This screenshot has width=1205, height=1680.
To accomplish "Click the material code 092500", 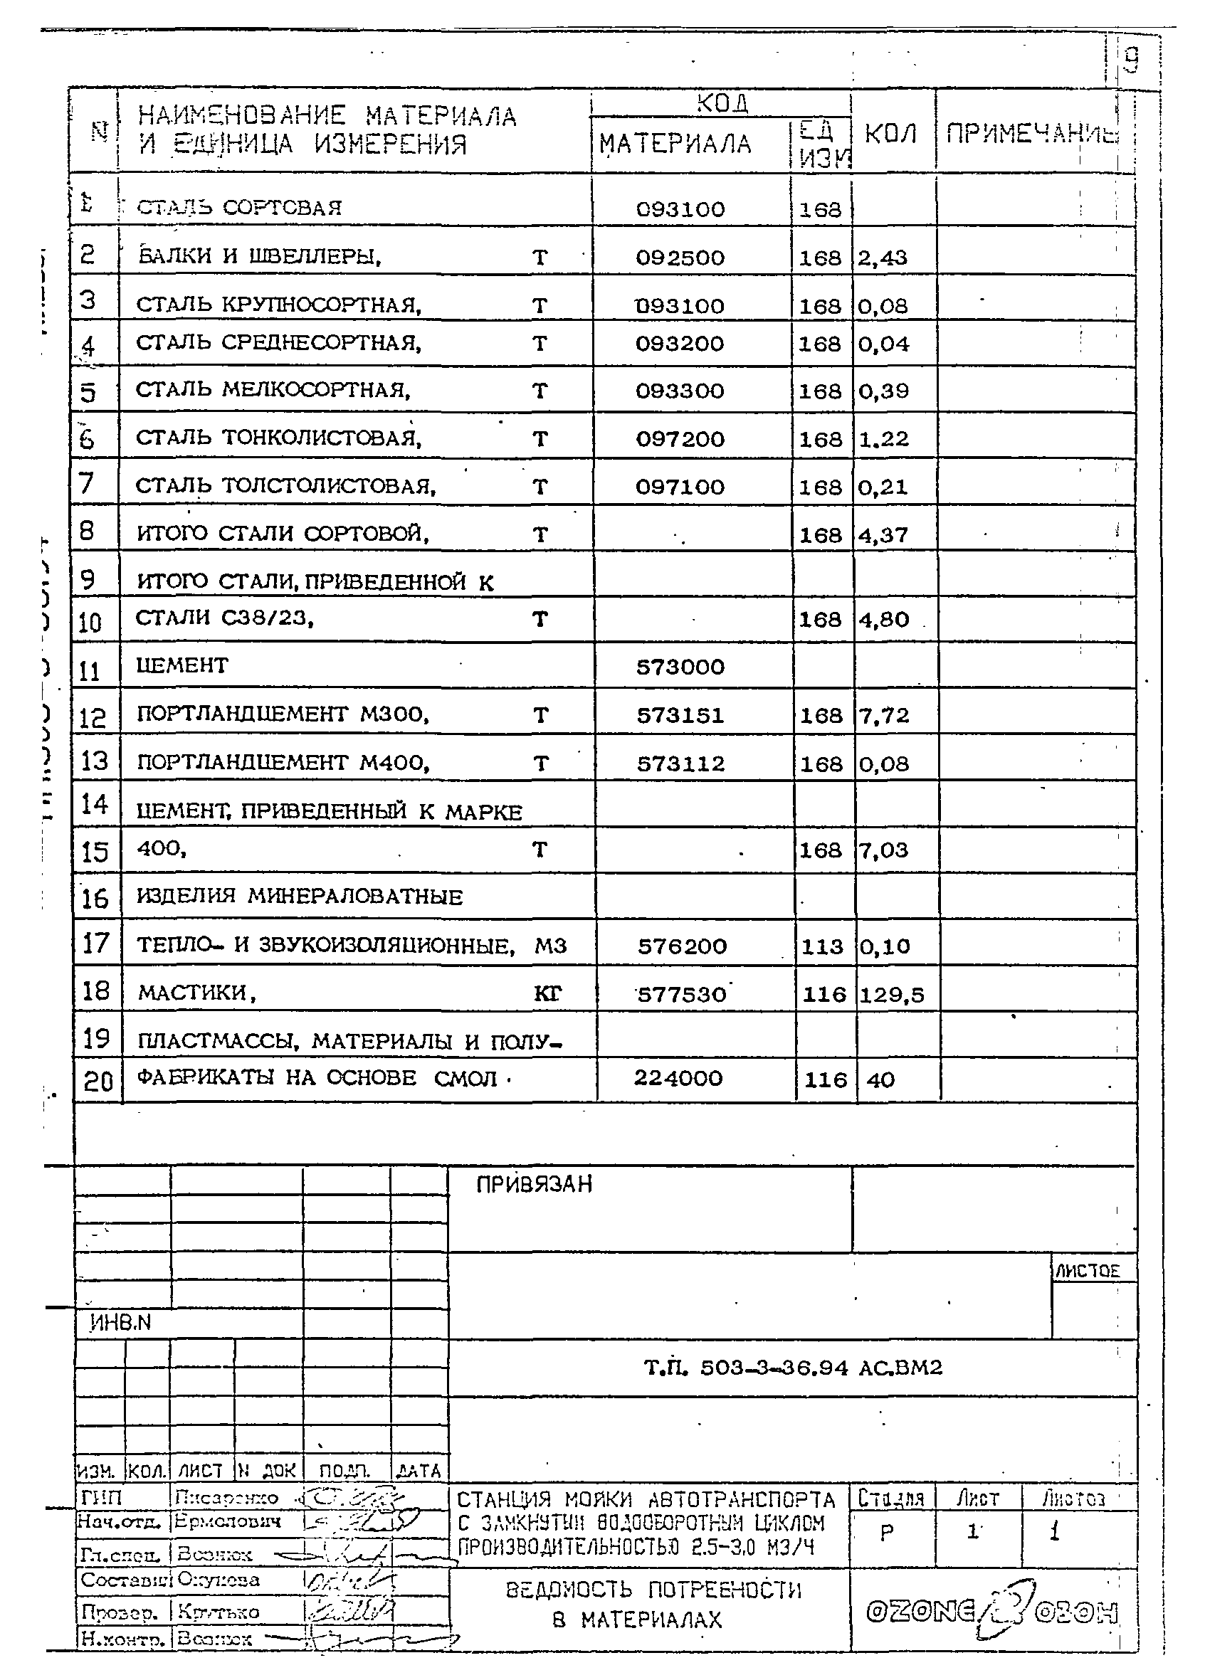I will pos(680,258).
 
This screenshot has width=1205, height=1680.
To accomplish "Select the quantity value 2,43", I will pos(882,258).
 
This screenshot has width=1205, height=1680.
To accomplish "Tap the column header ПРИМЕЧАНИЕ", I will pos(1030,134).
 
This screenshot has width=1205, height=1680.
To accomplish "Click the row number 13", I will pos(94,761).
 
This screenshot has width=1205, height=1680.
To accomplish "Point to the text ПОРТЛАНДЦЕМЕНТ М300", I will pos(283,714).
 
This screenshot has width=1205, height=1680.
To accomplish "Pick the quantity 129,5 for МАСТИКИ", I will pos(892,994).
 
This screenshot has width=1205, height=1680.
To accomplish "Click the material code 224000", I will pos(678,1078).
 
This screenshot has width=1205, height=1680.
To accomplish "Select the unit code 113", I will pos(822,946).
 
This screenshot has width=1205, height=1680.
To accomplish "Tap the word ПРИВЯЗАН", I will pos(534,1185).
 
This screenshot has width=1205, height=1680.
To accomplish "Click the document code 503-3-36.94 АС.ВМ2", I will pos(793,1368).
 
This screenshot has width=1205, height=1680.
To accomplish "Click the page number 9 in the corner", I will pos(1130,59).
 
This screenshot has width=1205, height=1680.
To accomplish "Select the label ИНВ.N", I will pos(120,1322).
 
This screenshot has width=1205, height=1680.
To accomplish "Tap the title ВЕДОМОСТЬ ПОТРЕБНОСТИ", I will pos(653,1590).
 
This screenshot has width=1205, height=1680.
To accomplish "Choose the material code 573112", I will pos(680,764).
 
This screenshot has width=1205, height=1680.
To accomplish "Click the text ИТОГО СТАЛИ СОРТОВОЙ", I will pos(283,534).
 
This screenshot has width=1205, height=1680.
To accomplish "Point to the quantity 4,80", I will pos(883,619).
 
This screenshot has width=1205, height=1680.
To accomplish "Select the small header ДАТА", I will pos(419,1470).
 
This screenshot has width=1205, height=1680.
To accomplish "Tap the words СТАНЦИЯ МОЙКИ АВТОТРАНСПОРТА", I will pos(646,1500).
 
